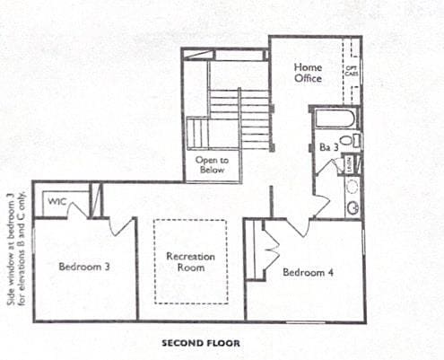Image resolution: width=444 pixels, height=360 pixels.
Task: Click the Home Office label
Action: (308, 73)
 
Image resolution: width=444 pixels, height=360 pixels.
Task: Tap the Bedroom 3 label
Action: (83, 266)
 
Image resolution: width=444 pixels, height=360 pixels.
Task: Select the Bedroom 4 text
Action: (308, 272)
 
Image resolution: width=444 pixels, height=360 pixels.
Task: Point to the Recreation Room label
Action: (190, 261)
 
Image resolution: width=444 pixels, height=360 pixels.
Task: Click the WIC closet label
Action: (57, 201)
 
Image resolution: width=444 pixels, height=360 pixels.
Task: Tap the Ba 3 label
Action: (327, 146)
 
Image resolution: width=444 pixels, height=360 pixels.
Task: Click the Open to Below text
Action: (212, 164)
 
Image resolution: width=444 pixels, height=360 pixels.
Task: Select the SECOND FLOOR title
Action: (201, 342)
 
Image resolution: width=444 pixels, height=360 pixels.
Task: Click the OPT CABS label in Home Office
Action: (353, 68)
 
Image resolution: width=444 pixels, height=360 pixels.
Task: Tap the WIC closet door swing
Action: (76, 210)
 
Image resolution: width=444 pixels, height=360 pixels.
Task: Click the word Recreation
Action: (190, 256)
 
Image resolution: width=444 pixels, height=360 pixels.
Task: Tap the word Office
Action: (308, 78)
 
